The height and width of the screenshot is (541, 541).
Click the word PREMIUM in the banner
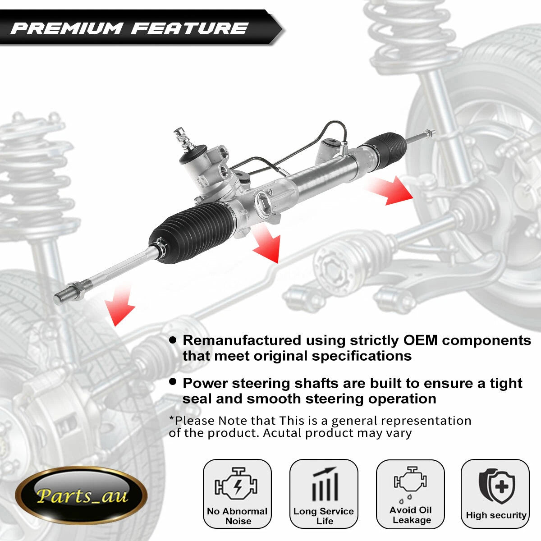pyautogui.click(x=66, y=28)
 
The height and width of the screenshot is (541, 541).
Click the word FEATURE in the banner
pyautogui.click(x=189, y=28)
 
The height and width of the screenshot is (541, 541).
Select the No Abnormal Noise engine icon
pyautogui.click(x=236, y=484)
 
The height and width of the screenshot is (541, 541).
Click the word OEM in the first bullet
pyautogui.click(x=420, y=340)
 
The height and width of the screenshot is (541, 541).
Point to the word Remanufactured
pyautogui.click(x=242, y=340)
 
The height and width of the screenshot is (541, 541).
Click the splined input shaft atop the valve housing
pyautogui.click(x=183, y=139)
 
